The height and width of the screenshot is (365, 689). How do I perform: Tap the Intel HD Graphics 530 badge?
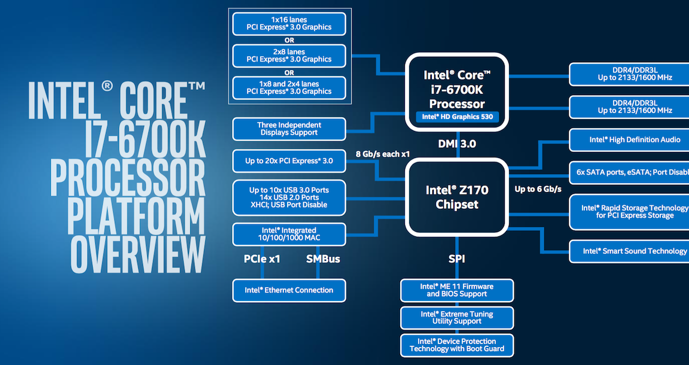(458, 117)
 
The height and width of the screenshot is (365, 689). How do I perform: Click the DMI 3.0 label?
(458, 144)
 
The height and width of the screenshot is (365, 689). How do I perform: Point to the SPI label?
(457, 259)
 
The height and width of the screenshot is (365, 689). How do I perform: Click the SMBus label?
(323, 259)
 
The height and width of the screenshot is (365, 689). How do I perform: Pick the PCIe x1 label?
(262, 259)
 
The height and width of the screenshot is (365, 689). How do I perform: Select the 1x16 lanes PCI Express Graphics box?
(289, 23)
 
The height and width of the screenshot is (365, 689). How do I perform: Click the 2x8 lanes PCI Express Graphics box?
(289, 55)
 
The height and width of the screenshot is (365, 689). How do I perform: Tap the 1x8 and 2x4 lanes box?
(289, 87)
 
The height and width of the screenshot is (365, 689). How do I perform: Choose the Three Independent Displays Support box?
(289, 129)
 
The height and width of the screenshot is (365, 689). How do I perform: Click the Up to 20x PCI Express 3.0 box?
(289, 161)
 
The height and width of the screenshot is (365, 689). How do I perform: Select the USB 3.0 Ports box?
(289, 197)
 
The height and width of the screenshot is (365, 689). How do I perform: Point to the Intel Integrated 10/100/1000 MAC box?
(289, 234)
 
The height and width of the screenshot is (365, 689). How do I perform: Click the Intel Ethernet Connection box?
(289, 290)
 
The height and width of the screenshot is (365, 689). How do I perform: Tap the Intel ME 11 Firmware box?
(457, 290)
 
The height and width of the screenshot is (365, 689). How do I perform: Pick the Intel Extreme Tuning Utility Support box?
(457, 318)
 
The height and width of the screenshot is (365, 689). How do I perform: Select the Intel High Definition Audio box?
(629, 139)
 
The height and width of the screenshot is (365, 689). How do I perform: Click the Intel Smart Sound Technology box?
(629, 251)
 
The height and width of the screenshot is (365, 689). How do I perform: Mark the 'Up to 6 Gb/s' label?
(538, 189)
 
